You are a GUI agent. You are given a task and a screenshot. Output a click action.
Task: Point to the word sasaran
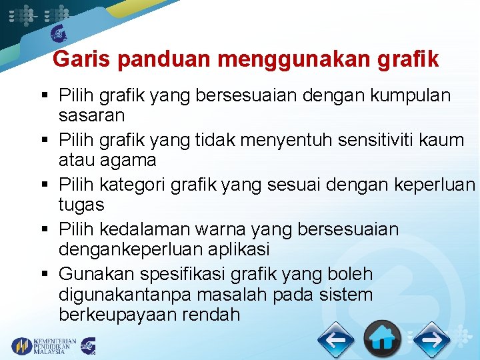coord(91,115)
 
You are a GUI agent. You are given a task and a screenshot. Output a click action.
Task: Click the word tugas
coord(82,205)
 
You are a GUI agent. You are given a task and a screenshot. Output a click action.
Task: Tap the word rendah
coord(214,314)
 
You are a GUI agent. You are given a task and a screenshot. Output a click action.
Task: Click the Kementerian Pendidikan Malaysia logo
coord(43,345)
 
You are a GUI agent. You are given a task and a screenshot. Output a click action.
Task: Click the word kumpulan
coord(410,95)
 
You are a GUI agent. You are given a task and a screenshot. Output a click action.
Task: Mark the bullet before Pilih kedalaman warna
coord(47,230)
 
